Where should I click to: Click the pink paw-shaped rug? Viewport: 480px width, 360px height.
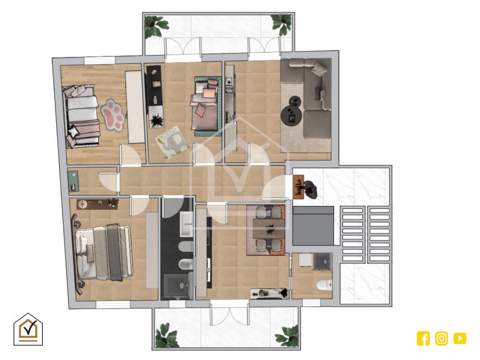pyautogui.click(x=113, y=115)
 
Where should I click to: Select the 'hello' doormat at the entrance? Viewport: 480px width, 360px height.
pyautogui.click(x=299, y=186)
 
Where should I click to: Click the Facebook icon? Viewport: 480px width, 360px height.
pyautogui.click(x=423, y=338)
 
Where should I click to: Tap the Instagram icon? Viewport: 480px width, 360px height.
pyautogui.click(x=441, y=338)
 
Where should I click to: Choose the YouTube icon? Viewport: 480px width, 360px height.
pyautogui.click(x=460, y=338)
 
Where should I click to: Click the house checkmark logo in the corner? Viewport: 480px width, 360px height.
pyautogui.click(x=28, y=330)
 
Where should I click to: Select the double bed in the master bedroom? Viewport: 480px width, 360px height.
pyautogui.click(x=103, y=252)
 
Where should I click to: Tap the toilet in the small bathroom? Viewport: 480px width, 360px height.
pyautogui.click(x=325, y=285)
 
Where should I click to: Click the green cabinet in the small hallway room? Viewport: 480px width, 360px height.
pyautogui.click(x=73, y=181)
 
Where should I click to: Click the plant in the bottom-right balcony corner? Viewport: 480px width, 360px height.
pyautogui.click(x=288, y=337)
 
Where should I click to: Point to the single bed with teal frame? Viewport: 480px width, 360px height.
pyautogui.click(x=206, y=106)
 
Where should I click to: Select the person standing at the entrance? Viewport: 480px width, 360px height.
pyautogui.click(x=310, y=189)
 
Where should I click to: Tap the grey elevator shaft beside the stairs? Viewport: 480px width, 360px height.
pyautogui.click(x=313, y=226)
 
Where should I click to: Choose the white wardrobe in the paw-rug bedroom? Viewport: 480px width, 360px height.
pyautogui.click(x=135, y=107)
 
